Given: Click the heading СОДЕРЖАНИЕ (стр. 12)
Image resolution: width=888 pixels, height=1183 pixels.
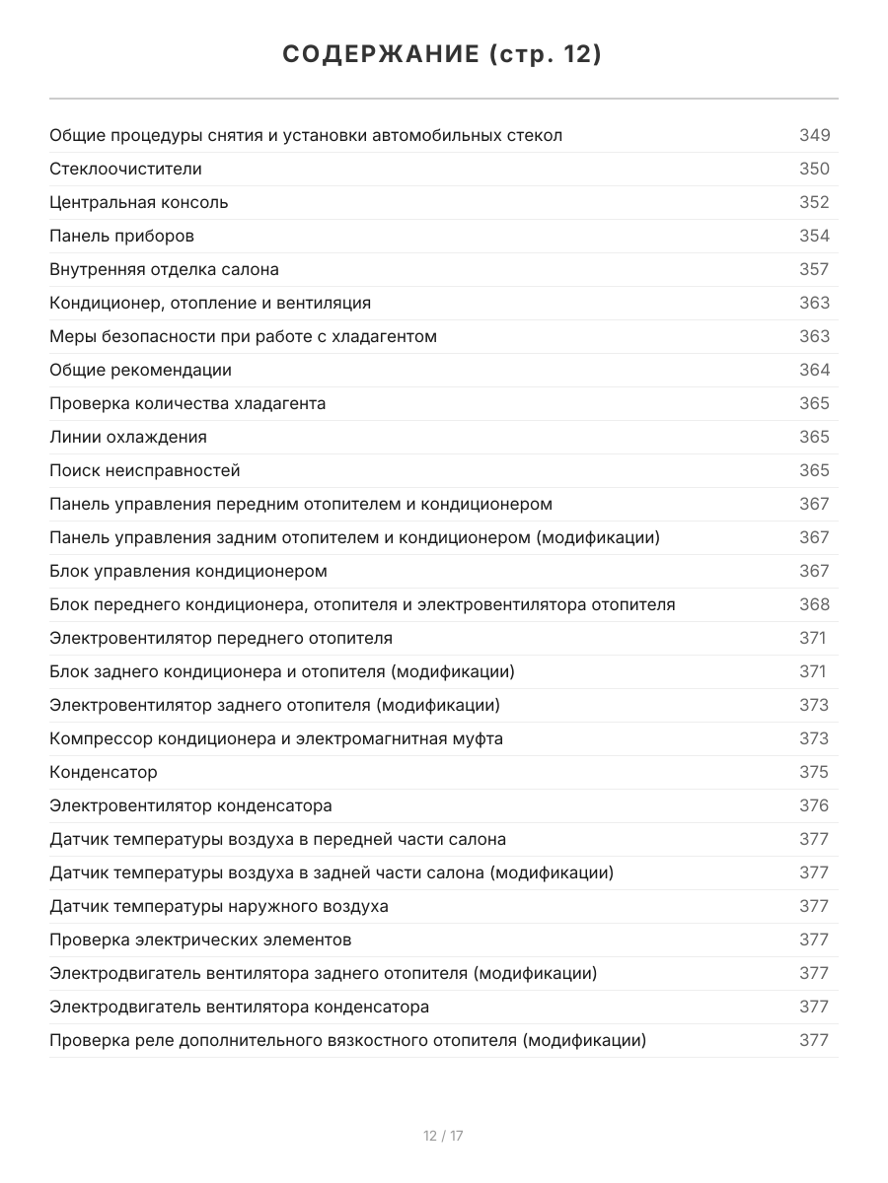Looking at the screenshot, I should tap(443, 55).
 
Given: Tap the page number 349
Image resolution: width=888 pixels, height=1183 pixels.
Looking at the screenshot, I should tap(814, 135).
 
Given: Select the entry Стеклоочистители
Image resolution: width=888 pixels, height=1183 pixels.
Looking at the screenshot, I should tap(125, 169).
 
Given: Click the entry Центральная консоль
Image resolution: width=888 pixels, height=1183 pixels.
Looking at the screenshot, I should tap(139, 202).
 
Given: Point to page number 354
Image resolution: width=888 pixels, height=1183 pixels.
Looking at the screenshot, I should tap(814, 236).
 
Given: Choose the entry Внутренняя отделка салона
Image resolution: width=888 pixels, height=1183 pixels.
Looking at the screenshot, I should tap(164, 269).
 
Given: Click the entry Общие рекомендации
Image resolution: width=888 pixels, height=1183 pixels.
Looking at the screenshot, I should tap(140, 370).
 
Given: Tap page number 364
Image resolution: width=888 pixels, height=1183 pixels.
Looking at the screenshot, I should tap(814, 370).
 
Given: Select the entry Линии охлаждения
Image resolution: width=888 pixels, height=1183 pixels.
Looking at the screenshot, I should tap(128, 437).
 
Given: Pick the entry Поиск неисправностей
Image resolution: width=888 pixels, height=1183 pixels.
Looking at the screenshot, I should tap(145, 470).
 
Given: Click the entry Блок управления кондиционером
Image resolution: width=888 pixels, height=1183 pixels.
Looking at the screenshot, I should tap(188, 571).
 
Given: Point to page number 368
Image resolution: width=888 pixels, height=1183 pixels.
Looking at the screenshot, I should tap(814, 604).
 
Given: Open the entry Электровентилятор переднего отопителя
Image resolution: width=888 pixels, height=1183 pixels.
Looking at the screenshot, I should tap(221, 638).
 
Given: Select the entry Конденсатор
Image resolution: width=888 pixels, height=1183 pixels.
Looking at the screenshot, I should tap(104, 772).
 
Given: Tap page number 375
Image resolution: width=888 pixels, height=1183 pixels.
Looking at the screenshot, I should tap(814, 772).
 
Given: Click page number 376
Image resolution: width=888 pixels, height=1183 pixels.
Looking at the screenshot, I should tap(814, 805).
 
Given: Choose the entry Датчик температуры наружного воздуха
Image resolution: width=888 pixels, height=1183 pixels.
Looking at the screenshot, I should tap(219, 906).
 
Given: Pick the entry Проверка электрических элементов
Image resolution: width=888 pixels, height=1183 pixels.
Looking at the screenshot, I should tap(200, 939).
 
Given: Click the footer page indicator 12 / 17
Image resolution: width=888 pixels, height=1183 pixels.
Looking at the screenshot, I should tap(443, 1136).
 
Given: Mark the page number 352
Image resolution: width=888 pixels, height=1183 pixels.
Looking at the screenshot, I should tap(814, 202).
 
